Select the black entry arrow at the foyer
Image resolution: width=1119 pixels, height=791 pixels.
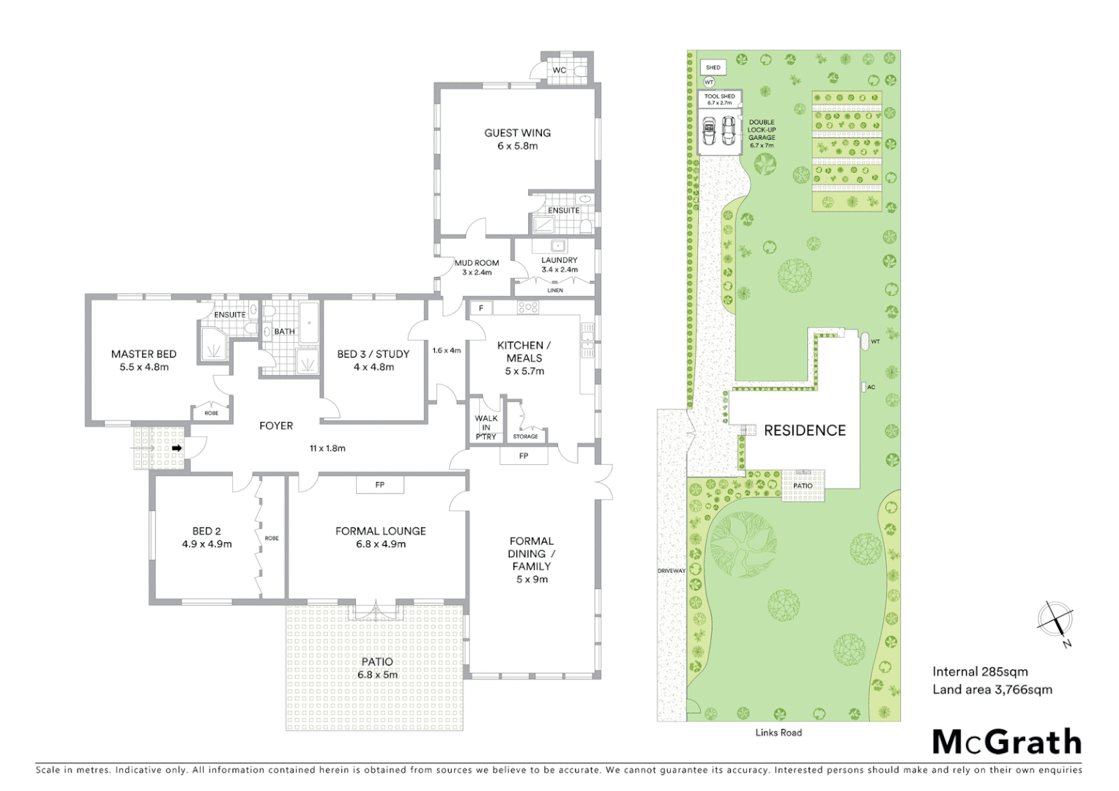click(176, 448)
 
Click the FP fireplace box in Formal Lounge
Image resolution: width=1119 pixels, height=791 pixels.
click(379, 485)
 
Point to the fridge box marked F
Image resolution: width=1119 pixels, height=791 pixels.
click(481, 308)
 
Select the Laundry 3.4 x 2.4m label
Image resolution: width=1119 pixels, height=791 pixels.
click(559, 264)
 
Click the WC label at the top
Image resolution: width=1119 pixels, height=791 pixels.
click(559, 70)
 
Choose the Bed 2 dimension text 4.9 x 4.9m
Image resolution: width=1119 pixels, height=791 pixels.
click(207, 544)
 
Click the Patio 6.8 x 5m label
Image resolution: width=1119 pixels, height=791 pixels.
click(377, 668)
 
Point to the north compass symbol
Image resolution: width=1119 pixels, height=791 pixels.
click(1055, 620)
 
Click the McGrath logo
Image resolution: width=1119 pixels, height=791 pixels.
click(1006, 742)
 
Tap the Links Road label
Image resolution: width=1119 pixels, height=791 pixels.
click(778, 732)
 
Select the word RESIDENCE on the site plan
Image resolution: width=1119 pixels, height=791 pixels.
click(805, 431)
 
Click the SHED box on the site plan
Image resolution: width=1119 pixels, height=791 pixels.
click(713, 67)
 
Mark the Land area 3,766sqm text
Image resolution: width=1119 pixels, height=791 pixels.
click(992, 689)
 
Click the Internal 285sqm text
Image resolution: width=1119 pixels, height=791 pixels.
click(980, 672)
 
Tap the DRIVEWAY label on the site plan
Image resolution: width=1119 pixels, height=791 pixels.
click(671, 571)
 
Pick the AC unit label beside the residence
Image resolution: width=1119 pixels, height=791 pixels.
click(871, 387)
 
